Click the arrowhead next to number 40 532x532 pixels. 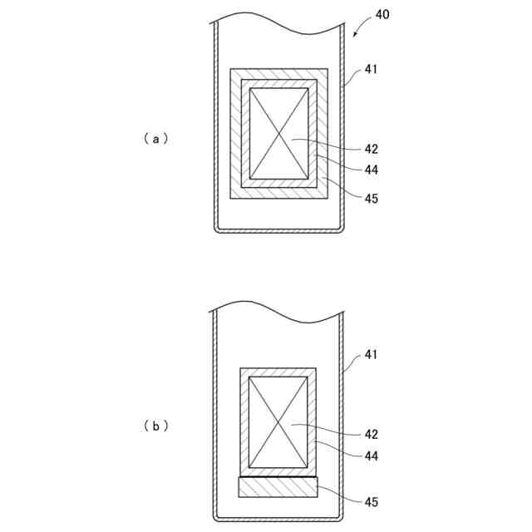pos(355,35)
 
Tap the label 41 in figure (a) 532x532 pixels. pos(372,70)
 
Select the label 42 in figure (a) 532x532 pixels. pos(372,150)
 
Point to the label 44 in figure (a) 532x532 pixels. pos(372,170)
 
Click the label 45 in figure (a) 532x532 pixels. pos(372,198)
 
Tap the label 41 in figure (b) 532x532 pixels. pos(372,356)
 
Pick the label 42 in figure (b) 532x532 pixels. pos(372,434)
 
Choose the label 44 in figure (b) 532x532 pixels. pos(372,455)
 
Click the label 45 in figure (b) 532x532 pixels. pos(372,501)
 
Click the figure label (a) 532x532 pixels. pos(155,139)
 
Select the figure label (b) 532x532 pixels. pos(155,426)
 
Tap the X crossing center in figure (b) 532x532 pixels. pos(278,421)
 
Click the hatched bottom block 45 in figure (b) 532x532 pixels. pos(278,487)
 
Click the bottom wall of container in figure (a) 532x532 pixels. pos(278,231)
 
